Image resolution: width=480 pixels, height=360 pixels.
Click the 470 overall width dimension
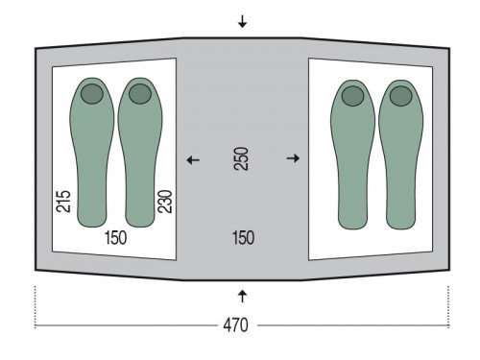pyautogui.click(x=235, y=325)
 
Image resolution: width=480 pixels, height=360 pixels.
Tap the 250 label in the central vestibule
pyautogui.click(x=241, y=158)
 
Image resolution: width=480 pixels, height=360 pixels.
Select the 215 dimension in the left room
pyautogui.click(x=63, y=202)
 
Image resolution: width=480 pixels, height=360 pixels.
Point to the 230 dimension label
pyautogui.click(x=165, y=202)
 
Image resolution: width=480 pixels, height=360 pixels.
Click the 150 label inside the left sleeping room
pyautogui.click(x=115, y=238)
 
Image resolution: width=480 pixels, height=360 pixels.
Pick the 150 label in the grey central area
pyautogui.click(x=243, y=238)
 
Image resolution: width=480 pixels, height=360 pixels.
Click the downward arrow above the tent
pyautogui.click(x=242, y=22)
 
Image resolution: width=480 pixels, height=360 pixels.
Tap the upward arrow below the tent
pyautogui.click(x=242, y=296)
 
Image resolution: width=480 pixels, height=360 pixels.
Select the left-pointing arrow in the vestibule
pyautogui.click(x=193, y=159)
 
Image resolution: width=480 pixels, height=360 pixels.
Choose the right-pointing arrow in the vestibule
pyautogui.click(x=293, y=158)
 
